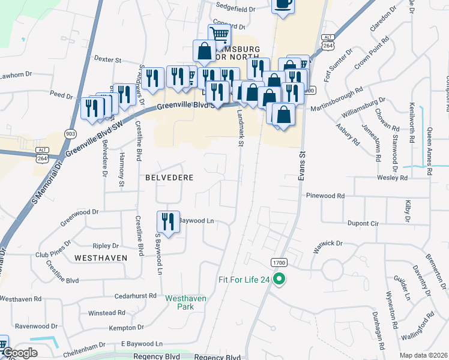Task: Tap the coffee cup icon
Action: click(283, 4)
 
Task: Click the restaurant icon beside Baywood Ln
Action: click(168, 222)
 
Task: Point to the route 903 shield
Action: click(71, 133)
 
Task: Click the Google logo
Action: click(19, 353)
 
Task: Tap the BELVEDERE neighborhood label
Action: click(160, 178)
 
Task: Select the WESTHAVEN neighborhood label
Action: click(101, 257)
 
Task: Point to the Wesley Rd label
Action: click(393, 178)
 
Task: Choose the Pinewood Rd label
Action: click(325, 196)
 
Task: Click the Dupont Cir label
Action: click(363, 223)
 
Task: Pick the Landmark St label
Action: click(240, 129)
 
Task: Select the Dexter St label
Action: click(108, 60)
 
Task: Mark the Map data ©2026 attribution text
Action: click(423, 355)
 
